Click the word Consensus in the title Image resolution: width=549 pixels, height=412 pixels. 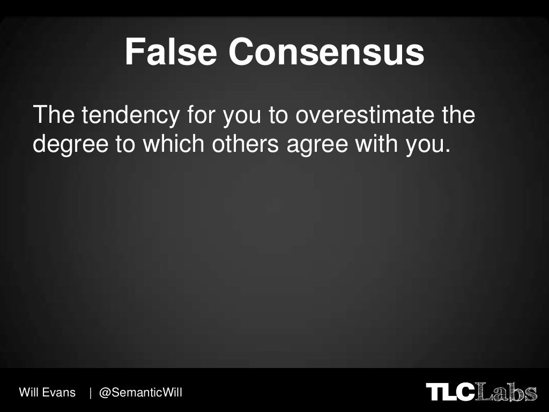(326, 53)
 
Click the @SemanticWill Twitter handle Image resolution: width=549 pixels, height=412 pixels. (141, 393)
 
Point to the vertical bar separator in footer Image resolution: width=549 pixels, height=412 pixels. (91, 393)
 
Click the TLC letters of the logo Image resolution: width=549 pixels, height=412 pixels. (450, 392)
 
